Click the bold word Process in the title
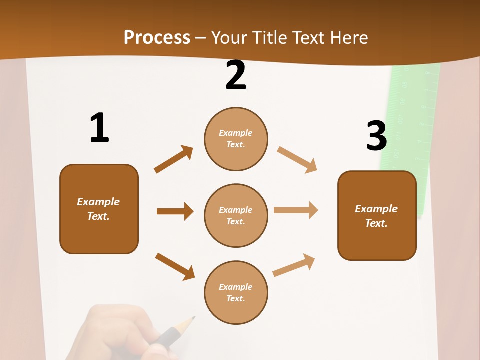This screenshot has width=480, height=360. pyautogui.click(x=157, y=38)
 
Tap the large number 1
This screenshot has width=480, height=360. pyautogui.click(x=99, y=128)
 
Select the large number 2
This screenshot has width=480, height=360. pyautogui.click(x=236, y=76)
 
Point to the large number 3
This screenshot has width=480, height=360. pyautogui.click(x=376, y=136)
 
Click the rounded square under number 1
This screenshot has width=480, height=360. pyautogui.click(x=99, y=209)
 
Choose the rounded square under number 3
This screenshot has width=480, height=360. pyautogui.click(x=377, y=215)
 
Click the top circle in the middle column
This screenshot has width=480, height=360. pyautogui.click(x=236, y=139)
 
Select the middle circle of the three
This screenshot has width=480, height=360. pyautogui.click(x=236, y=215)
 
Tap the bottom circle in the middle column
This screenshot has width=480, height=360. pyautogui.click(x=236, y=292)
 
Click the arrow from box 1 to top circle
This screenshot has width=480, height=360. pyautogui.click(x=173, y=159)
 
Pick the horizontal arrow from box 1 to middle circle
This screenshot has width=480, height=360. pyautogui.click(x=175, y=211)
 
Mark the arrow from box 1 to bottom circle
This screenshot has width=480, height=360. pyautogui.click(x=175, y=266)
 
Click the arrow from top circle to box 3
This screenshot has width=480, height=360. pyautogui.click(x=297, y=159)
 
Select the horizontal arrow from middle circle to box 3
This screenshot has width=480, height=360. pyautogui.click(x=295, y=210)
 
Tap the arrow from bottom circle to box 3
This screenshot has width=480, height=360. pyautogui.click(x=294, y=265)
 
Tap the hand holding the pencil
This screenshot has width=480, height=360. pyautogui.click(x=120, y=332)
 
